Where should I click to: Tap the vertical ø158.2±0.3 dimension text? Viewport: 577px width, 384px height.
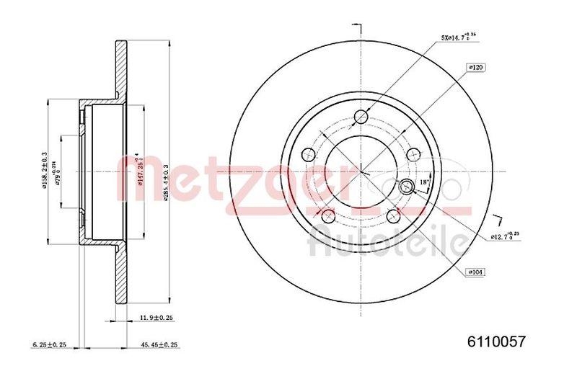45,169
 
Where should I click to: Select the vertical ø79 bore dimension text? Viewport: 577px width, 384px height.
57,173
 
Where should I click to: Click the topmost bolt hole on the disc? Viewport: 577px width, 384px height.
362,116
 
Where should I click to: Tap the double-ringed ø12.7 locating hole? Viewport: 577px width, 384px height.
405,186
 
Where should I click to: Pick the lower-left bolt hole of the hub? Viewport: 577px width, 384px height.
328,215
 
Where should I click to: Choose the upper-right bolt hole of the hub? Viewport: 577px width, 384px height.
414,153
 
